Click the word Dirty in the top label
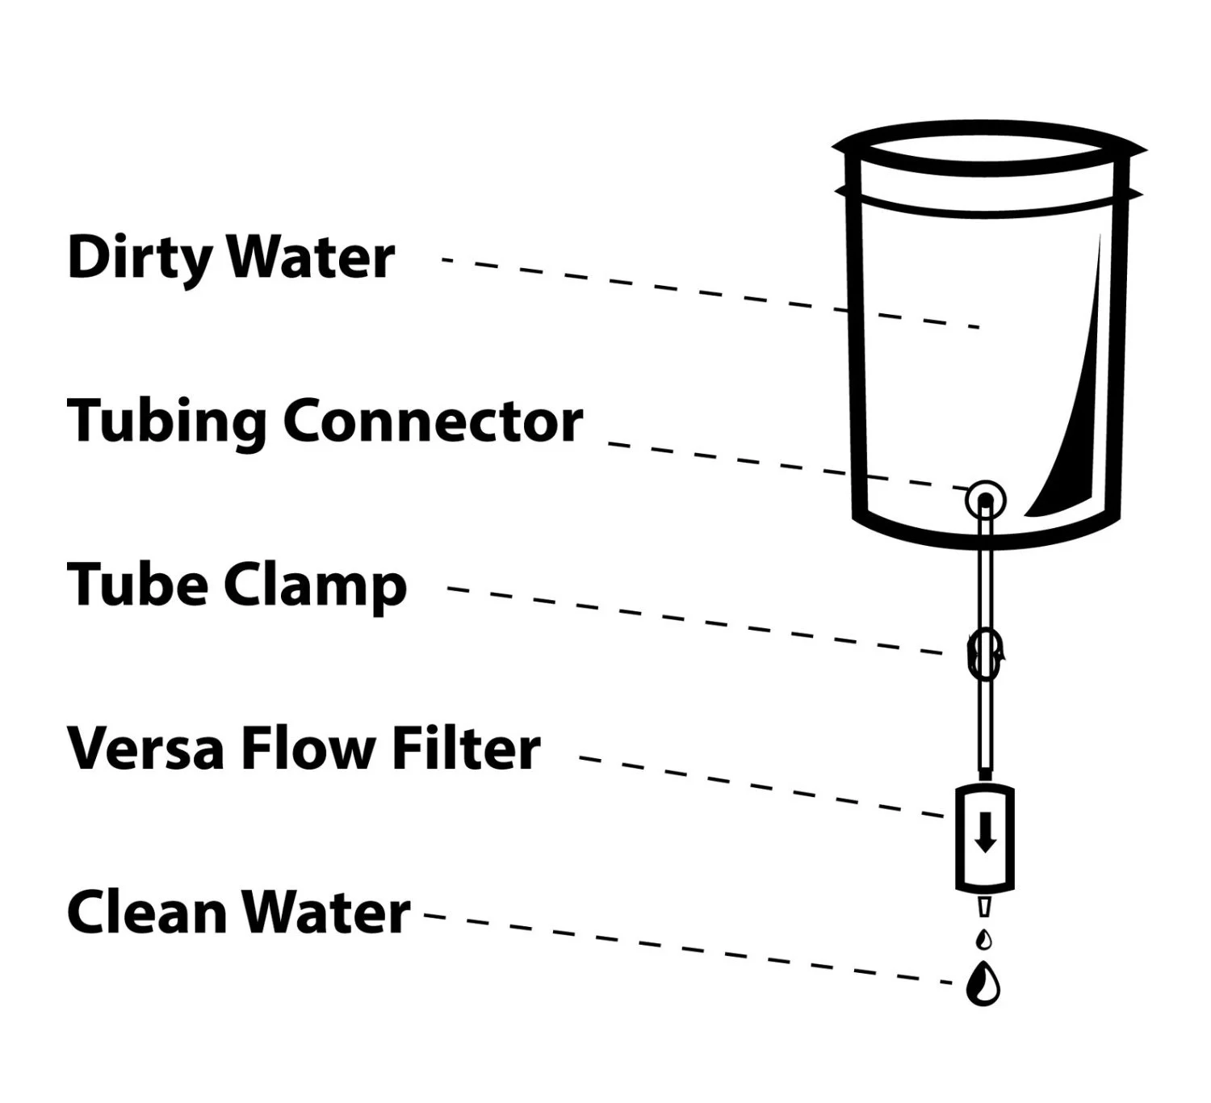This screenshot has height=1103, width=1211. [x=141, y=258]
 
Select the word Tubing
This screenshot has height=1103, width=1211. [x=166, y=421]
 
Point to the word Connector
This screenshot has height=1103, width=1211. [x=433, y=421]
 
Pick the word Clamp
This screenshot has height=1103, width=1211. [x=315, y=587]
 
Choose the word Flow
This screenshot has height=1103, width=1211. [x=308, y=749]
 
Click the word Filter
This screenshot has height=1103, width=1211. [x=466, y=749]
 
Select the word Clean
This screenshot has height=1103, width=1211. [x=147, y=912]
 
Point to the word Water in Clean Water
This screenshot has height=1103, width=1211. [x=327, y=912]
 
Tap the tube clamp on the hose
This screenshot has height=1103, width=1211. [x=984, y=654]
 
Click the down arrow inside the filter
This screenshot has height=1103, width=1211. [x=984, y=832]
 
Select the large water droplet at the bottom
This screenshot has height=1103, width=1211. [x=983, y=984]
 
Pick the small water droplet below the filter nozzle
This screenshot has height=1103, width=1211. [x=983, y=939]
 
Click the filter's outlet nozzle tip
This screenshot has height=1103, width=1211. [x=983, y=907]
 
